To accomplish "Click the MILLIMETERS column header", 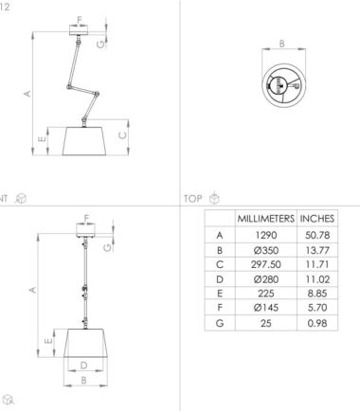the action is (x=266, y=219).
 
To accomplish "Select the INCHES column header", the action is (x=317, y=219).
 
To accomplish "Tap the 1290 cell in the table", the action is (x=266, y=235).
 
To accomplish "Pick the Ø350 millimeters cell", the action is (x=266, y=250).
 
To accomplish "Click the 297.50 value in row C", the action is (x=266, y=264).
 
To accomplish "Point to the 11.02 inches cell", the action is (x=317, y=279).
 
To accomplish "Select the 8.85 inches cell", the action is (x=317, y=294).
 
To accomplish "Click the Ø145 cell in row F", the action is (x=266, y=308).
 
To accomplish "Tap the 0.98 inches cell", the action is (x=317, y=323).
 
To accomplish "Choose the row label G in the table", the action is (x=220, y=323).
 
